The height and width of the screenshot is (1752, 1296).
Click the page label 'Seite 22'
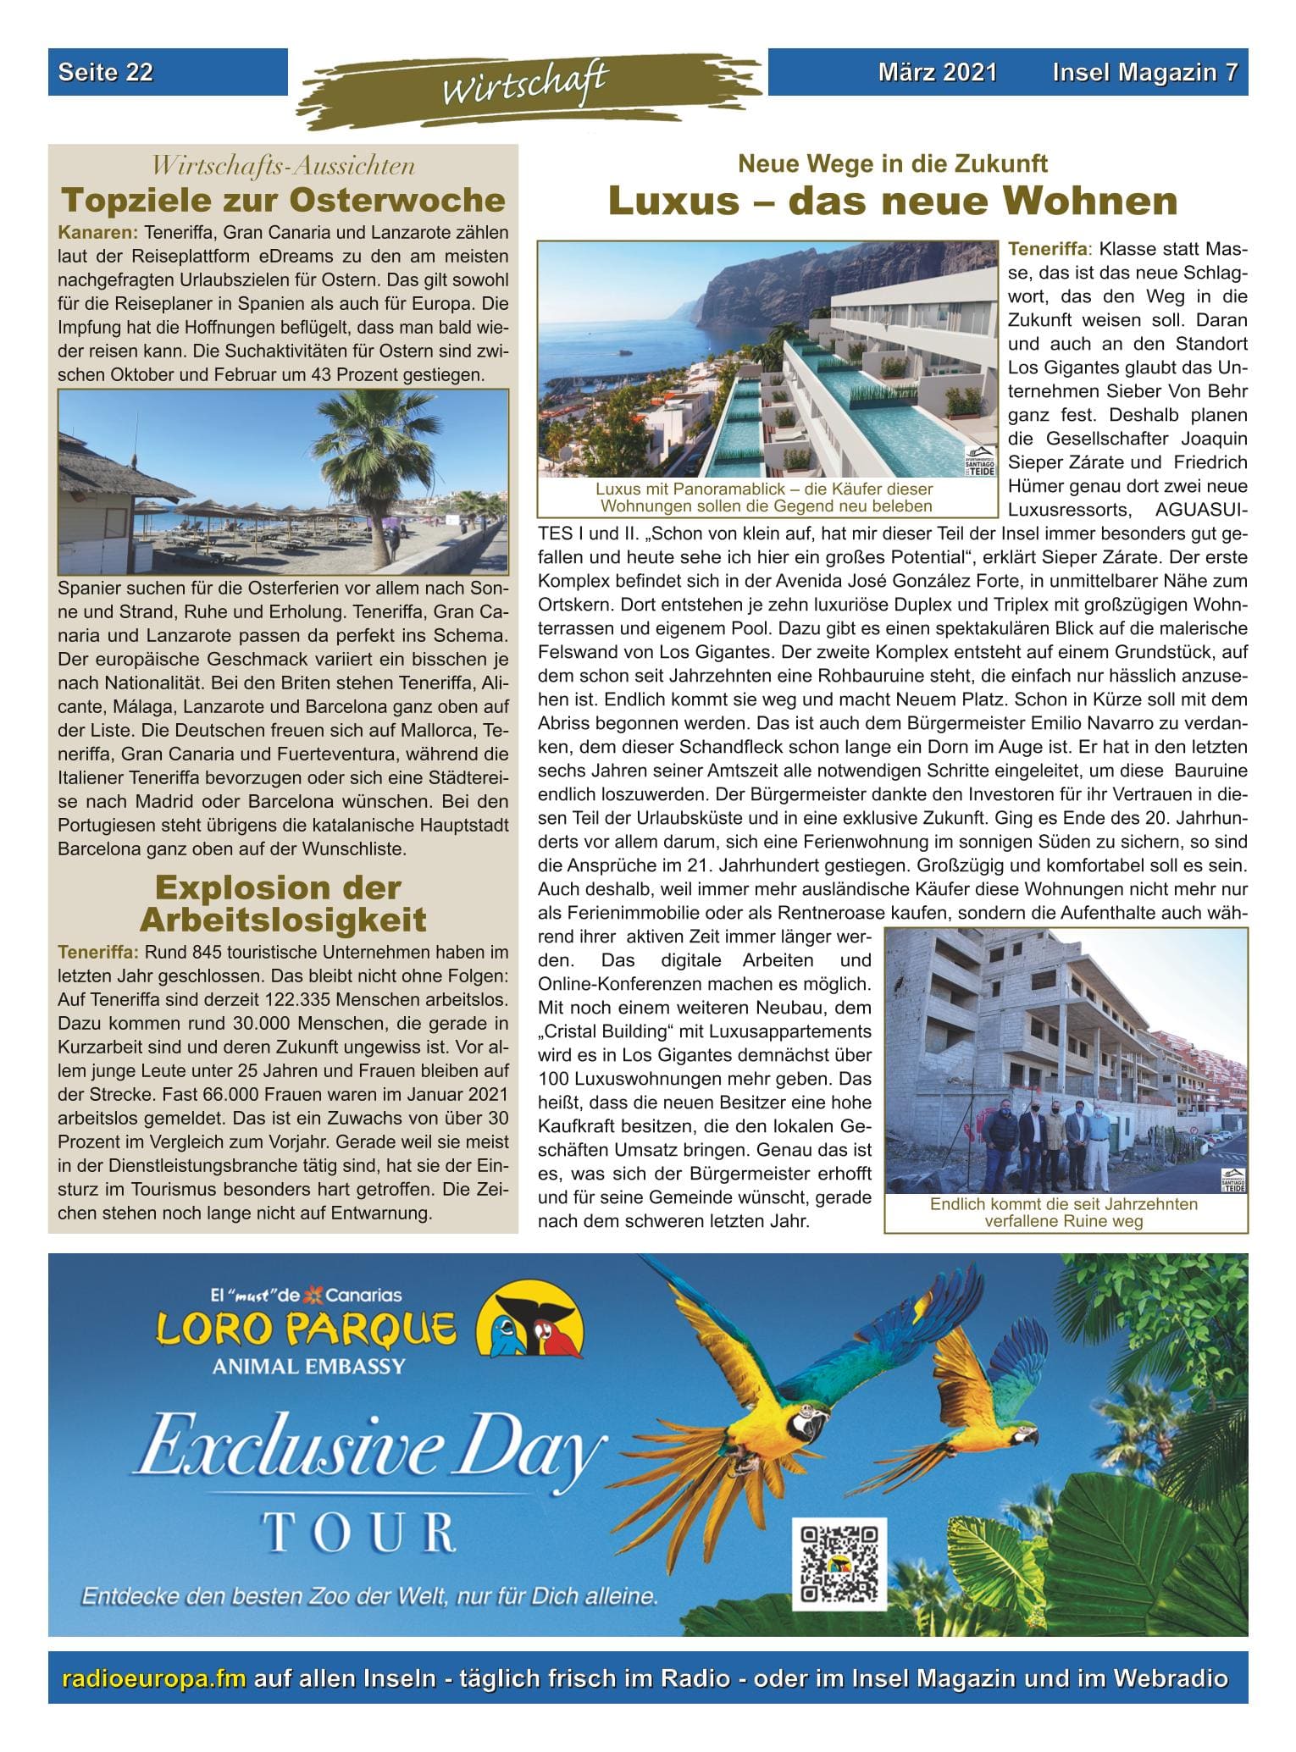(x=106, y=73)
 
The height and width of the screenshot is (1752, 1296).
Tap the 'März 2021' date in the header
(x=937, y=73)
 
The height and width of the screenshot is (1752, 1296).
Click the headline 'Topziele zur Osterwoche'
(x=283, y=201)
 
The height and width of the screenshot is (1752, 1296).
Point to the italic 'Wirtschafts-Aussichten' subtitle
(x=283, y=165)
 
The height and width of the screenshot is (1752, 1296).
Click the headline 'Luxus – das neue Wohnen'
(x=893, y=201)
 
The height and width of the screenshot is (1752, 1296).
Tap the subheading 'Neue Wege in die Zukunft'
(x=893, y=163)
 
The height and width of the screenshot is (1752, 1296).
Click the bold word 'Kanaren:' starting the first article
(x=98, y=232)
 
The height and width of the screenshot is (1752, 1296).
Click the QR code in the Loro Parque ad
(x=839, y=1563)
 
